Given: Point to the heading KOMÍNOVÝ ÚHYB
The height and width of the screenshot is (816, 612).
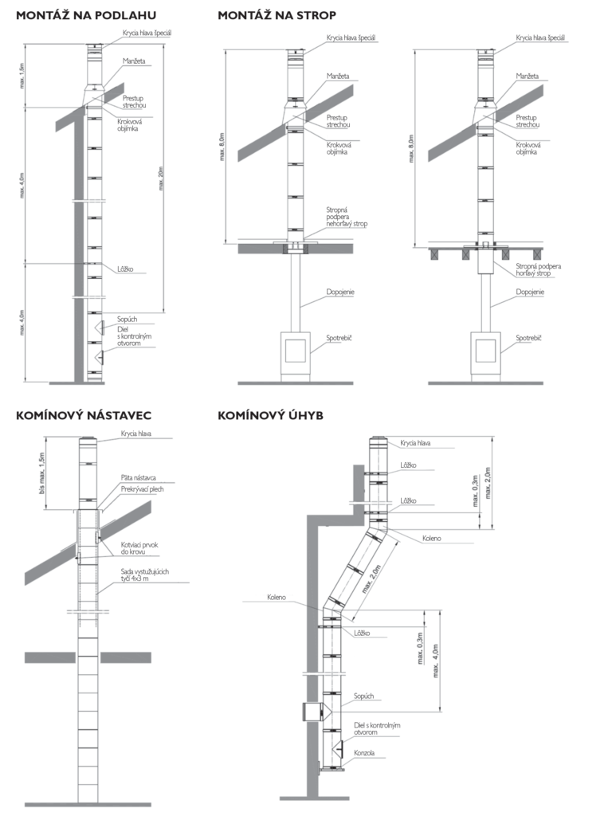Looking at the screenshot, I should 270,415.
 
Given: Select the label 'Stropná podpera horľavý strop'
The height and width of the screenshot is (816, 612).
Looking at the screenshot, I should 539,269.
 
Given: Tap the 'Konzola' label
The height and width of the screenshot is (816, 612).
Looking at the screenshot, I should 364,752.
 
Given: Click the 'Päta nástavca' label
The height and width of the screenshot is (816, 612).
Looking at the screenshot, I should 139,477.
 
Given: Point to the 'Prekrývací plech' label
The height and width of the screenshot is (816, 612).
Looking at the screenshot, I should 142,489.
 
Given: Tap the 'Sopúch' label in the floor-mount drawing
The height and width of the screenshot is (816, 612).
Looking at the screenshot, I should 127,320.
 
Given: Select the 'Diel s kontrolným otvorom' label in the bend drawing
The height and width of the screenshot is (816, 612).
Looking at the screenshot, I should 376,729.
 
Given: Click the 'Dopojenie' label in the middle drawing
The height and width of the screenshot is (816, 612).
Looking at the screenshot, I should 340,292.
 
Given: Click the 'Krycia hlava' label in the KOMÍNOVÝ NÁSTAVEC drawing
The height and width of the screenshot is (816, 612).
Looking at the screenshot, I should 136,434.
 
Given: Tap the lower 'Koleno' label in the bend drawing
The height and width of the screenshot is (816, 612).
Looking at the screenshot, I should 277,597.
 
